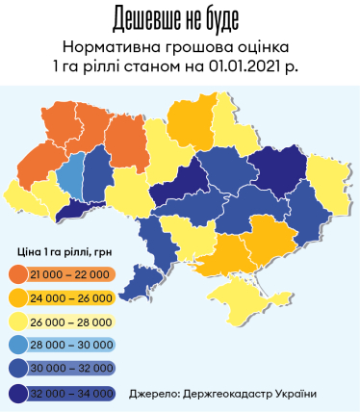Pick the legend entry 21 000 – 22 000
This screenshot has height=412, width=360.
pos(64,275)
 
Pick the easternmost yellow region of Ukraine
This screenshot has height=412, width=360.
pos(330,179)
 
